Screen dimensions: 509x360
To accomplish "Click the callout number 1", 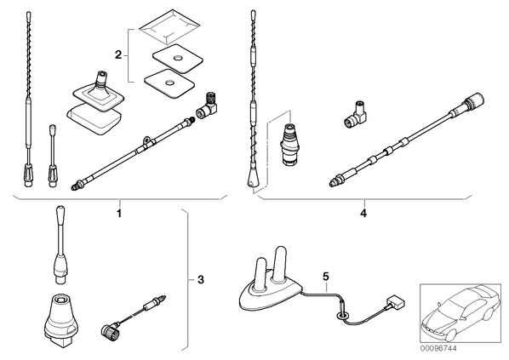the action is point(119,214).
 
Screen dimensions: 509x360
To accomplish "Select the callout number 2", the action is point(118,55).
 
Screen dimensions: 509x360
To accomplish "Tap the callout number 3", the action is point(201,279).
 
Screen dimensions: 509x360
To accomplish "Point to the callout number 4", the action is point(363,214).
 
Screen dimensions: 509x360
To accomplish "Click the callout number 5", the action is point(326,277).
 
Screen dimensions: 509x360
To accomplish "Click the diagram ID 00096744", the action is point(438,349).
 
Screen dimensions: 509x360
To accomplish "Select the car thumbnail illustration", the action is point(460,314).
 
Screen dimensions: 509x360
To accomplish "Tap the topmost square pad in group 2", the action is point(169,27).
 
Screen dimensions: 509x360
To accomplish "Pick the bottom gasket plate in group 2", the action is point(169,83).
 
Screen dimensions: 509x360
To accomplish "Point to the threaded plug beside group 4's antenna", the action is point(288,145).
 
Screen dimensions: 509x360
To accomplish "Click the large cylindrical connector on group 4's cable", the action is point(473,100).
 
